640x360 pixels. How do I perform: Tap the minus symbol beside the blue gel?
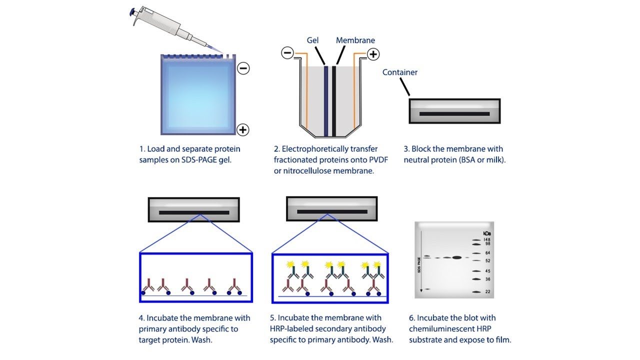tap(243, 68)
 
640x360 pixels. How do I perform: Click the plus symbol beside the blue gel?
tap(243, 130)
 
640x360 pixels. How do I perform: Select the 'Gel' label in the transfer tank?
tap(313, 40)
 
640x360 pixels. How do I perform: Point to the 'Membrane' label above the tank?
tap(355, 40)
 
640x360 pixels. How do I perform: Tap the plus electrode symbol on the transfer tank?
tap(373, 53)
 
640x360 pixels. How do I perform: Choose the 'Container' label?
tap(400, 72)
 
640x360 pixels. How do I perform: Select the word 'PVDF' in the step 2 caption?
tap(377, 159)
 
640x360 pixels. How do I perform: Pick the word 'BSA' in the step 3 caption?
tap(462, 160)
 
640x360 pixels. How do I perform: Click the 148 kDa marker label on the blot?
tap(486, 239)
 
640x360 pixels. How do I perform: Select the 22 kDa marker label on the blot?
tap(487, 291)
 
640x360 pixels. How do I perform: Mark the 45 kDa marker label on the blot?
tap(487, 271)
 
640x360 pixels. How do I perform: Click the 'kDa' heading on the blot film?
tap(487, 233)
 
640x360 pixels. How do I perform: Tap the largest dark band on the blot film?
tap(456, 257)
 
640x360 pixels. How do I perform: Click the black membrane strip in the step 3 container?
tap(454, 114)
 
